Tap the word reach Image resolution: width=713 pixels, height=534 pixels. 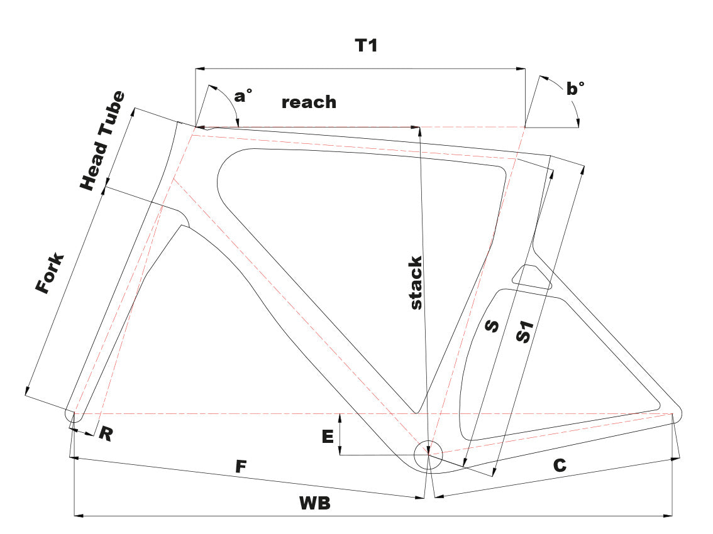(309, 102)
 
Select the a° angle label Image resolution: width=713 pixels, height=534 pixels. (243, 95)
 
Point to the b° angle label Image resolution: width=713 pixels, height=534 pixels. (575, 89)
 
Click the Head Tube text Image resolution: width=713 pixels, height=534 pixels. (102, 141)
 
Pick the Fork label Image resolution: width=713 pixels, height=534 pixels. (50, 274)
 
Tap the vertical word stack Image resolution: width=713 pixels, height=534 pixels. (415, 282)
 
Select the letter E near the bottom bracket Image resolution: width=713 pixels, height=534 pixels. (328, 437)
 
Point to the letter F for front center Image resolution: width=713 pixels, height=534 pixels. (240, 467)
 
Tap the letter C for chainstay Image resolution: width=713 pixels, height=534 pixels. (560, 466)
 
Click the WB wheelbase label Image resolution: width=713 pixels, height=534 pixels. (315, 503)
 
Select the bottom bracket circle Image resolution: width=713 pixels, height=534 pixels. (428, 454)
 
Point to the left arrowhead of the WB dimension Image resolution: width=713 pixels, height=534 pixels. (78, 516)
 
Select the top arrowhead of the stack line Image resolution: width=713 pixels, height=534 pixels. (419, 131)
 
